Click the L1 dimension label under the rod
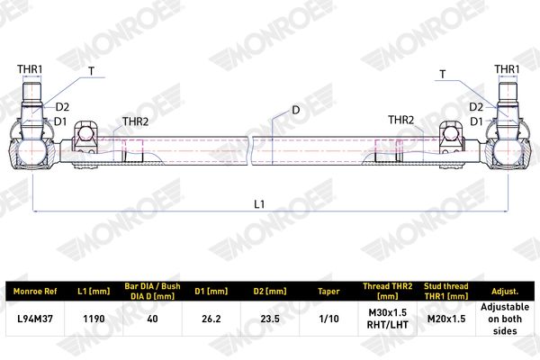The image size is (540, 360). pos(259,204)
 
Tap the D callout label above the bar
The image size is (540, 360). pos(296,110)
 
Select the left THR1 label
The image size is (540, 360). pos(30,69)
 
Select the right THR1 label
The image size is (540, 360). pos(507,69)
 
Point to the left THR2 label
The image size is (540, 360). pos(136,121)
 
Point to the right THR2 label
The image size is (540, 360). pos(400,120)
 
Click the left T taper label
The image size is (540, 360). pos(91,71)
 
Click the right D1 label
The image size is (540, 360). pos(476,121)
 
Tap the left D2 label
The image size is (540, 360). pos(62,107)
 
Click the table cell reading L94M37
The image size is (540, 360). pos(35,319)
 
